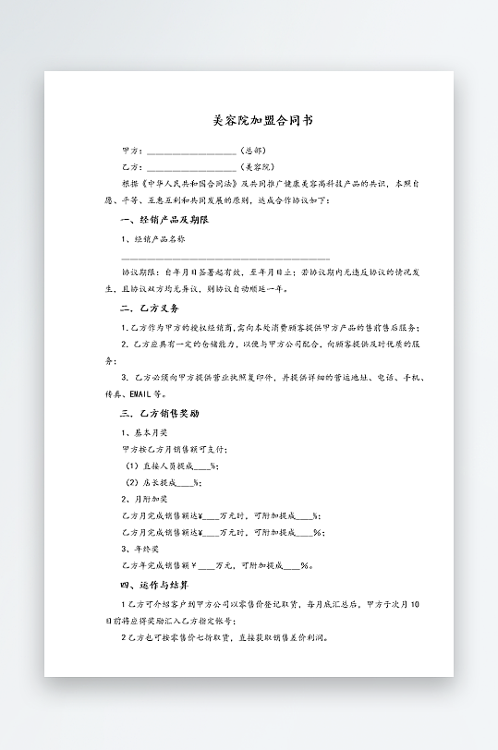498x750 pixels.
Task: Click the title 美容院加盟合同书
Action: point(249,121)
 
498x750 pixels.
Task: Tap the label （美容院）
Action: point(257,167)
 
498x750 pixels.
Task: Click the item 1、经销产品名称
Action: point(153,238)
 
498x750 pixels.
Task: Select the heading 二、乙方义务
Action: point(150,308)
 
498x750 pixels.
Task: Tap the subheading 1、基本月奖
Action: point(144,431)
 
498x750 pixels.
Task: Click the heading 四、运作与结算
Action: point(155,585)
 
